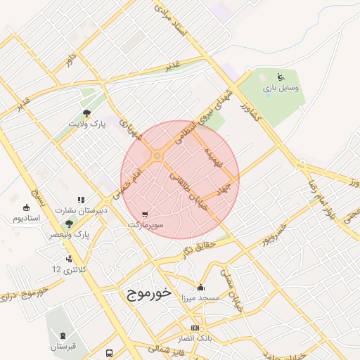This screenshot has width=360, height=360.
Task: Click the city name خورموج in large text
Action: coord(150,294)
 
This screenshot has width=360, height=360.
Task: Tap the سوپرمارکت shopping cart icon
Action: coord(146,214)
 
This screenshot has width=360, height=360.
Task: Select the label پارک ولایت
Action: coord(86,124)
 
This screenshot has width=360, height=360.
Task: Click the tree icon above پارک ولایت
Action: coord(86,112)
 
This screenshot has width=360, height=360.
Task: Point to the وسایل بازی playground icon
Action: coord(281,77)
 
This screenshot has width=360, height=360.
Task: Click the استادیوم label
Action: coord(26,218)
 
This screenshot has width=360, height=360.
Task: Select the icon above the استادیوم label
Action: coord(27,207)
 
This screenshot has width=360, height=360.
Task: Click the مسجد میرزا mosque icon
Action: coord(201,287)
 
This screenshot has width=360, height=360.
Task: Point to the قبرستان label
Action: coord(64,347)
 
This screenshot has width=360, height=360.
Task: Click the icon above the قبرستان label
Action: coord(64,335)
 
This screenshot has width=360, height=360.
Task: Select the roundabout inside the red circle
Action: coord(156,155)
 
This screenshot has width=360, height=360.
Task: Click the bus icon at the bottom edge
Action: coord(109,353)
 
